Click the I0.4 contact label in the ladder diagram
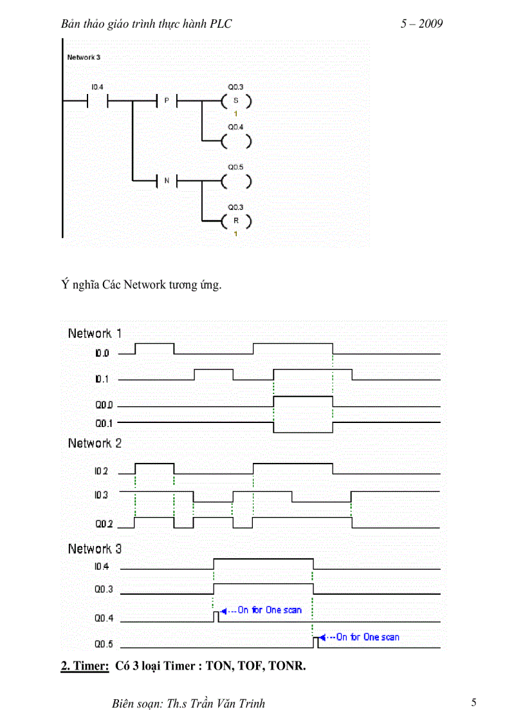pos(97,86)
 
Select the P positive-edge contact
pos(167,101)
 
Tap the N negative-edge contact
pos(167,181)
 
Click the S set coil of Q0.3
pos(235,101)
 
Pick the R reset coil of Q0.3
pos(235,221)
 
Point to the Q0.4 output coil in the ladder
pos(235,142)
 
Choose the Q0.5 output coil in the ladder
pos(235,182)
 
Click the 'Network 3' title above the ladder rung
pos(84,57)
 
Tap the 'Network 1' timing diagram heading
pos(95,333)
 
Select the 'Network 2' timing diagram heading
pos(95,443)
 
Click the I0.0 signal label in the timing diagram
pos(103,353)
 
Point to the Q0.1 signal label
pos(104,423)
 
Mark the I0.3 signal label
pos(101,495)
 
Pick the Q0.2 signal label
pos(104,524)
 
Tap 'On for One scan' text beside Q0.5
pos(367,637)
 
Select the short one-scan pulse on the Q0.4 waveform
pos(216,617)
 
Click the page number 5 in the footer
pos(474,702)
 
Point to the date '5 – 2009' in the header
pos(421,24)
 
